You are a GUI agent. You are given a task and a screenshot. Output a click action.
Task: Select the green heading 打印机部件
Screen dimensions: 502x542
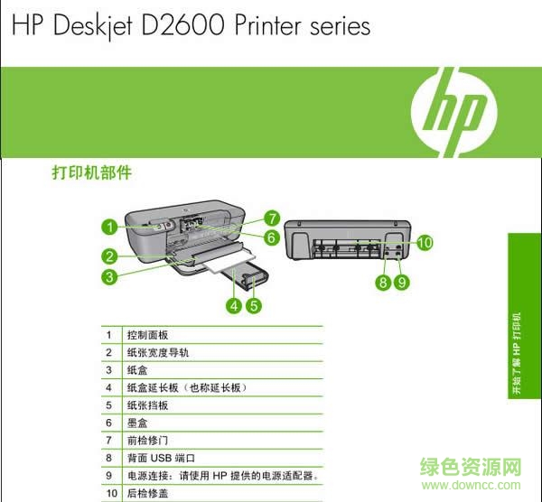(91, 172)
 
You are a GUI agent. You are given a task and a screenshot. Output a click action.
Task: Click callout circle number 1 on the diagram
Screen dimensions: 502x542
(108, 227)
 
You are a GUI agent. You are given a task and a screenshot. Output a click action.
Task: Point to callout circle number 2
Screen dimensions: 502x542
(108, 256)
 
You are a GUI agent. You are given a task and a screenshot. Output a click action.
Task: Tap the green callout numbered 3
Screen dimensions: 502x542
(108, 277)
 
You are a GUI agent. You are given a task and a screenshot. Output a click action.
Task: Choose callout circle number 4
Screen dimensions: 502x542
(233, 305)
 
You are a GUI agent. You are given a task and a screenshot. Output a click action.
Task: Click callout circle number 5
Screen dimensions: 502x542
(254, 305)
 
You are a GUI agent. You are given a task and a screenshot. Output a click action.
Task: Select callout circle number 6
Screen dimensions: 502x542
(270, 237)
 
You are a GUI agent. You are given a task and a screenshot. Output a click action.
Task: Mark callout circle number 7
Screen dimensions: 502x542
(270, 218)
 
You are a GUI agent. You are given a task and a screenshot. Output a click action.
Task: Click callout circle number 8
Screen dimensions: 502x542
(383, 283)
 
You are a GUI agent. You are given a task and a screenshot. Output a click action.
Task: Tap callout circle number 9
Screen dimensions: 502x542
(401, 283)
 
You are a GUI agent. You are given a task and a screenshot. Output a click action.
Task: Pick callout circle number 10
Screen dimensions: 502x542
(425, 242)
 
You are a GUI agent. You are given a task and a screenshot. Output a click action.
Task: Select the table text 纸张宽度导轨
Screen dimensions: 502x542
(158, 352)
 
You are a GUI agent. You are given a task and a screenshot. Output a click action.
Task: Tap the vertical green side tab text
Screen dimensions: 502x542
(519, 352)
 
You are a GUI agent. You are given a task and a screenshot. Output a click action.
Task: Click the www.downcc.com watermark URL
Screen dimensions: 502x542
(479, 488)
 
